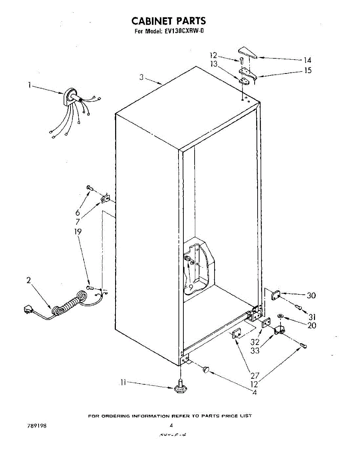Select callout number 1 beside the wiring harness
(29, 85)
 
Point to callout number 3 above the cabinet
(141, 77)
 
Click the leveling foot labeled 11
(180, 388)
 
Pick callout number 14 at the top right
(307, 60)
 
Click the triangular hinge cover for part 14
(247, 52)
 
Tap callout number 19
(78, 232)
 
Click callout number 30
(311, 295)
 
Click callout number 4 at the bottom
(255, 393)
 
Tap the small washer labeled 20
(280, 316)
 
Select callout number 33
(255, 351)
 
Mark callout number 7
(78, 222)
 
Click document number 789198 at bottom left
(37, 426)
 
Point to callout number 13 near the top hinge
(214, 64)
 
